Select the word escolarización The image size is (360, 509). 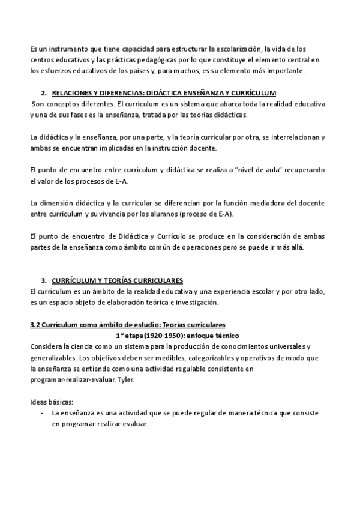229,48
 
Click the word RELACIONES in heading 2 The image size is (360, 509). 75,93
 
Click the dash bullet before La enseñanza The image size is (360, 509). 41,414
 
